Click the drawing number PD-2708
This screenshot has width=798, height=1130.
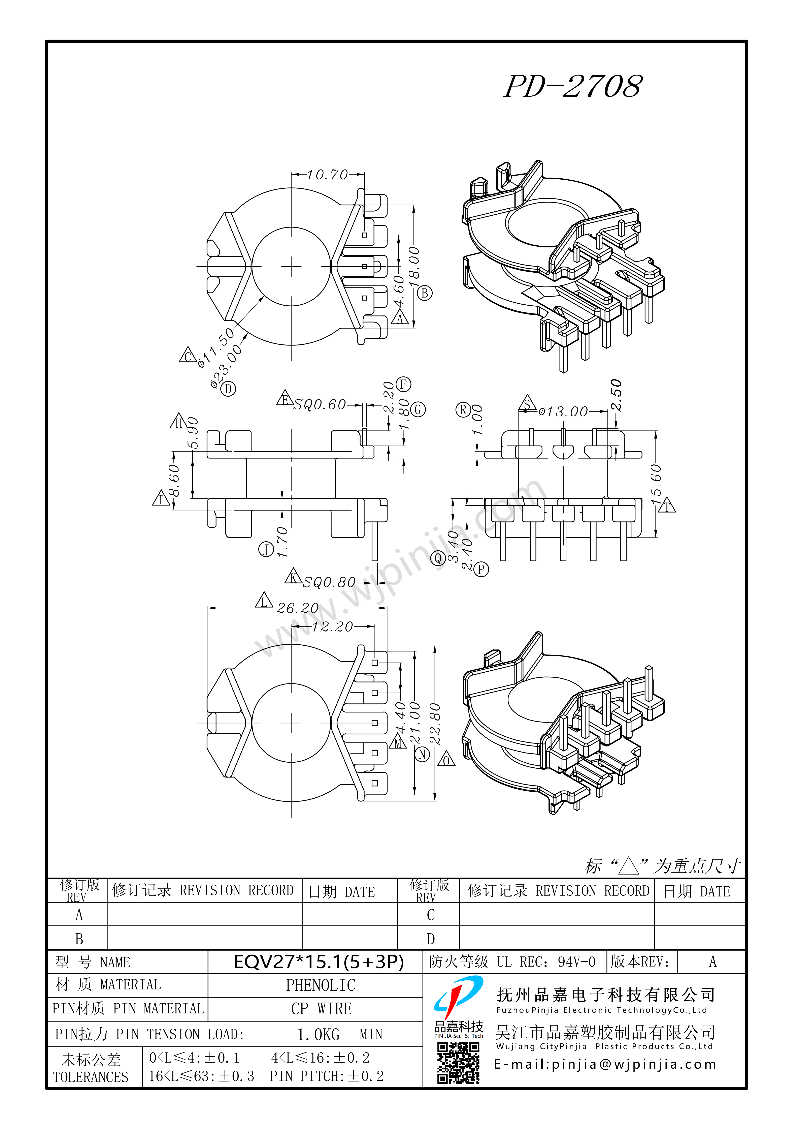[x=573, y=87]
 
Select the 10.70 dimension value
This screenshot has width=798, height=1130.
[x=327, y=175]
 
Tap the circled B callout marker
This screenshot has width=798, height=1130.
[x=425, y=293]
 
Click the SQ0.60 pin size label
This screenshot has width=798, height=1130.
[x=320, y=405]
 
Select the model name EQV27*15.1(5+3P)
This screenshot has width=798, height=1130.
[x=319, y=962]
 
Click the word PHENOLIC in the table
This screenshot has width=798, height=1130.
[x=321, y=985]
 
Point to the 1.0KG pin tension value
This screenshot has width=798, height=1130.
[x=318, y=1035]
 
